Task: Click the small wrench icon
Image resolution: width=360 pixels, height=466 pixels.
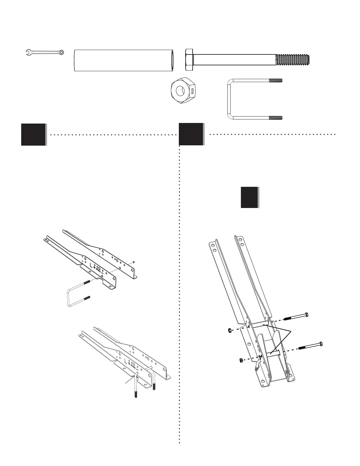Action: pyautogui.click(x=44, y=52)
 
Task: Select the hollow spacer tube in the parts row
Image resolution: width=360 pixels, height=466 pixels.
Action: pyautogui.click(x=124, y=60)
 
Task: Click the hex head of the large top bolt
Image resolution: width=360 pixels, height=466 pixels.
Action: pyautogui.click(x=189, y=60)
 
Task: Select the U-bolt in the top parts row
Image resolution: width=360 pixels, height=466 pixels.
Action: pyautogui.click(x=255, y=99)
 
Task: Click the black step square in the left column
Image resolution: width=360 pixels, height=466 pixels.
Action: pyautogui.click(x=34, y=134)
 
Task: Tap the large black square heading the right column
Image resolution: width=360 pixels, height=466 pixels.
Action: pyautogui.click(x=191, y=134)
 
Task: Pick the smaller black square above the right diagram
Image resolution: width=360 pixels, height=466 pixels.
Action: pyautogui.click(x=250, y=197)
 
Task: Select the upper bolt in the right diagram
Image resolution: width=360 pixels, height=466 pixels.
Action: pyautogui.click(x=296, y=317)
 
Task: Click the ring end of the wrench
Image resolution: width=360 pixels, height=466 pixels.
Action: pyautogui.click(x=61, y=52)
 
